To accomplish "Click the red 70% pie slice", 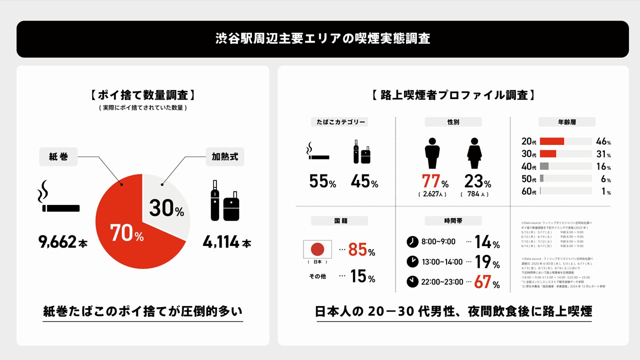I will (125, 235).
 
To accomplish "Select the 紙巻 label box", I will (58, 157).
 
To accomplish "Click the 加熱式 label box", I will (225, 157).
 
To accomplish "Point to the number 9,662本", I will (63, 242).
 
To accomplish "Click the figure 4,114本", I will (226, 242).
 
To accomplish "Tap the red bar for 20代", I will (552, 141).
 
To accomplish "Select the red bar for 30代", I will (548, 154).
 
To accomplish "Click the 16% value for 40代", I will (603, 166).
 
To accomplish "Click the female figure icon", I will (474, 153).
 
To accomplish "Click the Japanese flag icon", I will (317, 249).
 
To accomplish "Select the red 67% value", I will (486, 282).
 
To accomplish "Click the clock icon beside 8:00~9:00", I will (412, 242).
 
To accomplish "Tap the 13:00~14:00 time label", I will (442, 261).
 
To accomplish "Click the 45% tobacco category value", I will (364, 181).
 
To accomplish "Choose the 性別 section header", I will (453, 122).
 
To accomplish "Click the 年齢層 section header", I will (566, 122).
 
